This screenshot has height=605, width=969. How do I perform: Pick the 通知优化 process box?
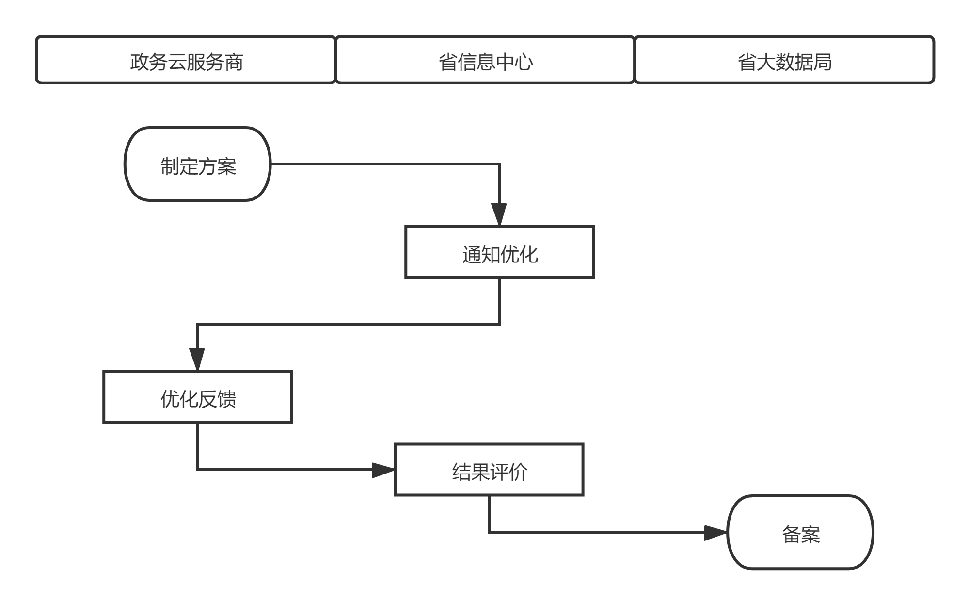click(x=499, y=252)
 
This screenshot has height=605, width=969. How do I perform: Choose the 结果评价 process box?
click(x=489, y=470)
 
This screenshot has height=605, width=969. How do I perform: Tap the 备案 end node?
click(x=800, y=532)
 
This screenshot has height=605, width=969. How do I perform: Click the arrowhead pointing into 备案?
click(x=715, y=533)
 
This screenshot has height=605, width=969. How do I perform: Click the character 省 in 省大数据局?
click(x=747, y=62)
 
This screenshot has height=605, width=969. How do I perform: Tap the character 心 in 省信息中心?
click(x=524, y=62)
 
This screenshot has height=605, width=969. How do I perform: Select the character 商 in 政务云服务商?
click(x=234, y=62)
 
